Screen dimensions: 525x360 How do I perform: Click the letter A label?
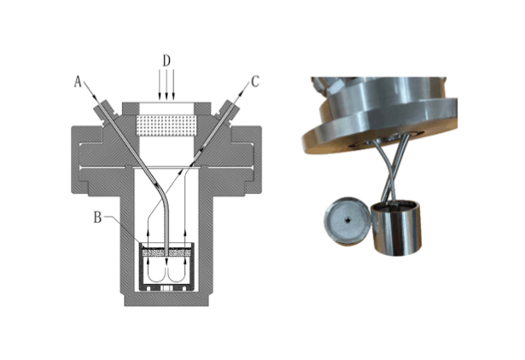(78, 81)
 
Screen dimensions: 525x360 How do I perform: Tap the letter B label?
(97, 218)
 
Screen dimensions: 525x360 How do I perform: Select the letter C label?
(255, 81)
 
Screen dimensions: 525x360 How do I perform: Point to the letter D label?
(166, 61)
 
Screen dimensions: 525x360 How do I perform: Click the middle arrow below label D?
(166, 84)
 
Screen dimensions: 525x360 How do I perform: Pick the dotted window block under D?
(166, 125)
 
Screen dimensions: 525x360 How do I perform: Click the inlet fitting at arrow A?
(105, 111)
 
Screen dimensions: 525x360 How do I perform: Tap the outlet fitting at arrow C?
(228, 111)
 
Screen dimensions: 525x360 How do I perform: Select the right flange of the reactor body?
(246, 160)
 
